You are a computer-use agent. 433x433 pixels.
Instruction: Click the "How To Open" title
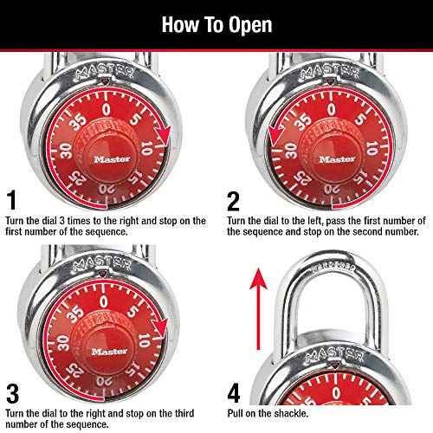216,23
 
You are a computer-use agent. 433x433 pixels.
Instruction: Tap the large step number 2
232,202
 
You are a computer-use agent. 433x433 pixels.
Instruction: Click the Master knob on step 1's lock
107,158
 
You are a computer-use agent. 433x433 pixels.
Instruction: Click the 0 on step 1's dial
107,110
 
